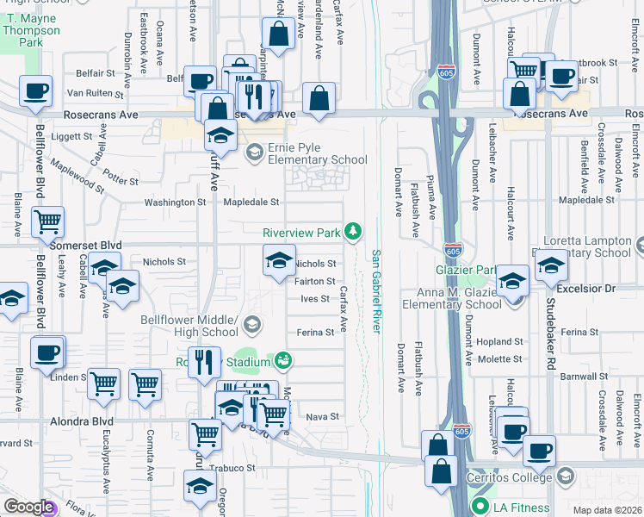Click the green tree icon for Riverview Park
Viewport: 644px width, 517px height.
tap(352, 231)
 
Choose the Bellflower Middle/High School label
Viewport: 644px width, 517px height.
tap(189, 325)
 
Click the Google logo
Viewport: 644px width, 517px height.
tap(28, 507)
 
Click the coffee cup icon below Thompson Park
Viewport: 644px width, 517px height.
tap(35, 90)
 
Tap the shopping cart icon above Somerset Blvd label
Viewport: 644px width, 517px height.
tap(47, 220)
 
